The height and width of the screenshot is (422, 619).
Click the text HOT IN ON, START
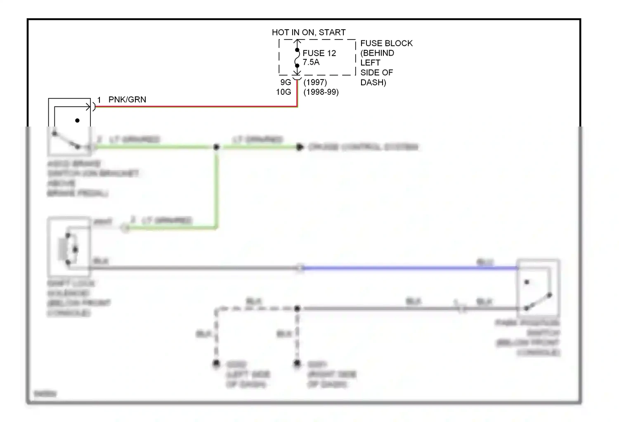309,33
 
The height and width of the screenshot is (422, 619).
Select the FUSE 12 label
319,53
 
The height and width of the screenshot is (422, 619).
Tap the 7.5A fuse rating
311,62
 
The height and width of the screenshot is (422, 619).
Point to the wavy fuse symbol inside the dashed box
297,58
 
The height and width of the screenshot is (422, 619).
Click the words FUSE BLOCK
386,43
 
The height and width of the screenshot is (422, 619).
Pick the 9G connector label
286,82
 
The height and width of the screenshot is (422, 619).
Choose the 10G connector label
284,92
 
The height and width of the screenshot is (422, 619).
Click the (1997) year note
315,82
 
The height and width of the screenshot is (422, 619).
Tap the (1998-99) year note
321,92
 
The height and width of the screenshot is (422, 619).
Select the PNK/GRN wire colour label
127,100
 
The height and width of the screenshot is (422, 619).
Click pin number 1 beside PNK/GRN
99,100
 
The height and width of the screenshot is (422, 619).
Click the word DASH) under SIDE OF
373,82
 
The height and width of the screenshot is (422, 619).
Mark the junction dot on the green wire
216,147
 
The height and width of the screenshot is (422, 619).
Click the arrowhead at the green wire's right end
300,147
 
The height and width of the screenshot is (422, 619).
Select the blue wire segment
409,268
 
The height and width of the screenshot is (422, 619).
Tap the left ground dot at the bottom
216,363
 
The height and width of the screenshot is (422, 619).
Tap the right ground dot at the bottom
297,363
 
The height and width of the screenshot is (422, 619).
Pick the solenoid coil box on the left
69,247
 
